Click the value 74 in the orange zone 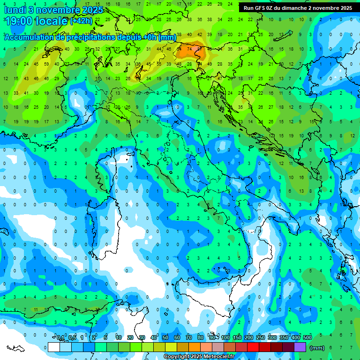(190, 48)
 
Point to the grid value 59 (46, 64)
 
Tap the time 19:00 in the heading (21, 22)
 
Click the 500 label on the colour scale (307, 337)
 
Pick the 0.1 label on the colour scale (60, 337)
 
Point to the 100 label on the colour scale (225, 337)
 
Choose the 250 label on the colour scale (261, 337)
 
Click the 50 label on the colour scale (165, 337)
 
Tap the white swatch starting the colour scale (54, 347)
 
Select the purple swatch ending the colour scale (300, 347)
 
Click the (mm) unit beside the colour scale (317, 347)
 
